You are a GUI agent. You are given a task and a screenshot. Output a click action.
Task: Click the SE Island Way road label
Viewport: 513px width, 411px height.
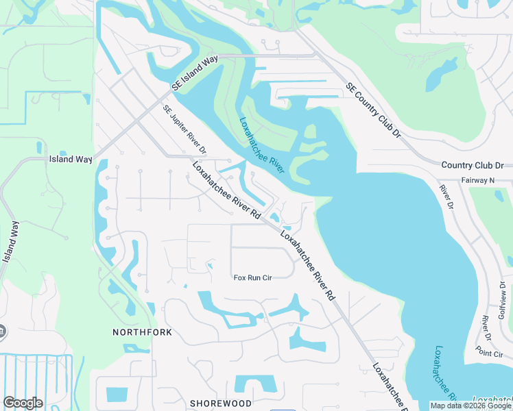click(x=195, y=73)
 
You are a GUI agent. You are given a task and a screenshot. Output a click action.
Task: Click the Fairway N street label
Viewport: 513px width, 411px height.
click(x=479, y=180)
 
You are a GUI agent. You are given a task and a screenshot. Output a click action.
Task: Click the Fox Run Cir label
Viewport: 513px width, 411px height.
click(x=253, y=277)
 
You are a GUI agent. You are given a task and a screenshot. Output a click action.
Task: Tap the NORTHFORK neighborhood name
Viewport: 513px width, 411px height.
click(x=142, y=332)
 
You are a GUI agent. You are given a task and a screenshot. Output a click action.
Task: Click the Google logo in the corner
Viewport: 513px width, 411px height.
click(x=23, y=403)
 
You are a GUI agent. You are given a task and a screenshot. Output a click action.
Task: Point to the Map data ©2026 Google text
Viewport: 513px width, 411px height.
click(x=470, y=406)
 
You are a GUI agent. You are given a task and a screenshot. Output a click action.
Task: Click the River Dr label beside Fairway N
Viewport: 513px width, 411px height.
click(x=447, y=197)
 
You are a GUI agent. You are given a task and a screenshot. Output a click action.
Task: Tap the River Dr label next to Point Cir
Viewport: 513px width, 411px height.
click(x=486, y=327)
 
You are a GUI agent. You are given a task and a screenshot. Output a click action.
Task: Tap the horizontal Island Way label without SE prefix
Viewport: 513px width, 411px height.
click(x=70, y=159)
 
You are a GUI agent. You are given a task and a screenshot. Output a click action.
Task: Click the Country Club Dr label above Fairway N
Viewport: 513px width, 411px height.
click(x=472, y=166)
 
